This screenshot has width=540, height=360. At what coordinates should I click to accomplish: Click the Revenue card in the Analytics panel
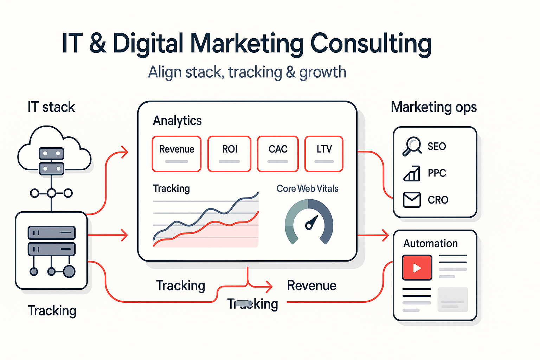[x=176, y=154]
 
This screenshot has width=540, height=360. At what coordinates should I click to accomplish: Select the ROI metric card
[x=230, y=154]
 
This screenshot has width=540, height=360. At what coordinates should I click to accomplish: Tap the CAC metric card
[x=278, y=154]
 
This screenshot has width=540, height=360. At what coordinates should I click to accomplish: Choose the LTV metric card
[x=324, y=154]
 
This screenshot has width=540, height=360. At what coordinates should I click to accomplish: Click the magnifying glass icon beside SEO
[x=412, y=146]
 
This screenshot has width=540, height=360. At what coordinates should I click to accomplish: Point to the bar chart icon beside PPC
[x=412, y=173]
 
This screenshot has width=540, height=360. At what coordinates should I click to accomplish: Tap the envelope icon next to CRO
[x=412, y=200]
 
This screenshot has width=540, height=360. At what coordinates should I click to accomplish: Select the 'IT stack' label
[x=51, y=107]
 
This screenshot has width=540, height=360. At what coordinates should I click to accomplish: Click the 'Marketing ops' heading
[x=434, y=107]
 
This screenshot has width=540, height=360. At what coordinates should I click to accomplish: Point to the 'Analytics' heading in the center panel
[x=177, y=121]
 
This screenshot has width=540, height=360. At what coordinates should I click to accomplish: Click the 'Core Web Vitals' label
[x=307, y=188]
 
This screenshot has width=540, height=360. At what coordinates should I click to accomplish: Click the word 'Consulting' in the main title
[x=371, y=44]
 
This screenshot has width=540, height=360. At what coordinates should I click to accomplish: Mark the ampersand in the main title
[x=97, y=44]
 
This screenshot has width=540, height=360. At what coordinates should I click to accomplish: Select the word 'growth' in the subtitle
[x=323, y=72]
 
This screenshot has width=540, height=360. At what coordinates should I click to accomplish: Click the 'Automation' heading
[x=430, y=243]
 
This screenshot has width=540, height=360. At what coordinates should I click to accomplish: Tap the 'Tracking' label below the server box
[x=52, y=311]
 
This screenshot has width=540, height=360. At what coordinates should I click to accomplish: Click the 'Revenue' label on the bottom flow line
[x=311, y=285]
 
